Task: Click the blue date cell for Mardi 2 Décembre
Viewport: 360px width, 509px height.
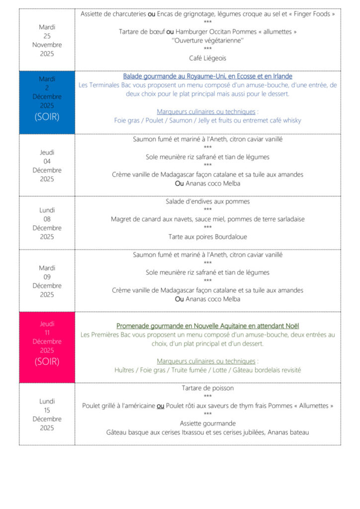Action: point(47,102)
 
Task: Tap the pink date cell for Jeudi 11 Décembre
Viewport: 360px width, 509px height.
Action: point(47,346)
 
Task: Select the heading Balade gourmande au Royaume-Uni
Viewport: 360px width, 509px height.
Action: point(207,77)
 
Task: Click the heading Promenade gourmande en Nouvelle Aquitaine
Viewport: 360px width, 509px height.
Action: point(207,326)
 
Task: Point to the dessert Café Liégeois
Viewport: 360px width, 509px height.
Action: point(207,58)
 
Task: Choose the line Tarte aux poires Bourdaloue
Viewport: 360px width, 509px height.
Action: point(207,237)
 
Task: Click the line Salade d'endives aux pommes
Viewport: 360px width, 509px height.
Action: point(207,202)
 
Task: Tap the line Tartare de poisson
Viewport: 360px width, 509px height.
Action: point(207,388)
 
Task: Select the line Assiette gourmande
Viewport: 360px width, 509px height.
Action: point(207,424)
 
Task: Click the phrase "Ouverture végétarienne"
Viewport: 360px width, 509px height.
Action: point(207,40)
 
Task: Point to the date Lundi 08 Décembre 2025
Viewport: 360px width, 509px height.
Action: point(47,223)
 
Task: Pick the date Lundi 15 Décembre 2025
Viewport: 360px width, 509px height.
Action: point(47,415)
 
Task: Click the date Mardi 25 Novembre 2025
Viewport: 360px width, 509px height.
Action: point(47,40)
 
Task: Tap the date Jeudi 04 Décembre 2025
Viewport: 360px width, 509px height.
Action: point(47,166)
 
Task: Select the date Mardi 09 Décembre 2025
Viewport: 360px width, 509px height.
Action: point(47,281)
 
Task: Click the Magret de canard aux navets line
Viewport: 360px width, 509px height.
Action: point(207,219)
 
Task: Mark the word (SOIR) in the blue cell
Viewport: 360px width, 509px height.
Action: point(47,117)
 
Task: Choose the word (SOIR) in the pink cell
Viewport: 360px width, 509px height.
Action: point(47,361)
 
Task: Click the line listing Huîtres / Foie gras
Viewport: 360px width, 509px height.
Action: point(207,370)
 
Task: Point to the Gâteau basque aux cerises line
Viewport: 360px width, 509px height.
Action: point(207,432)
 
